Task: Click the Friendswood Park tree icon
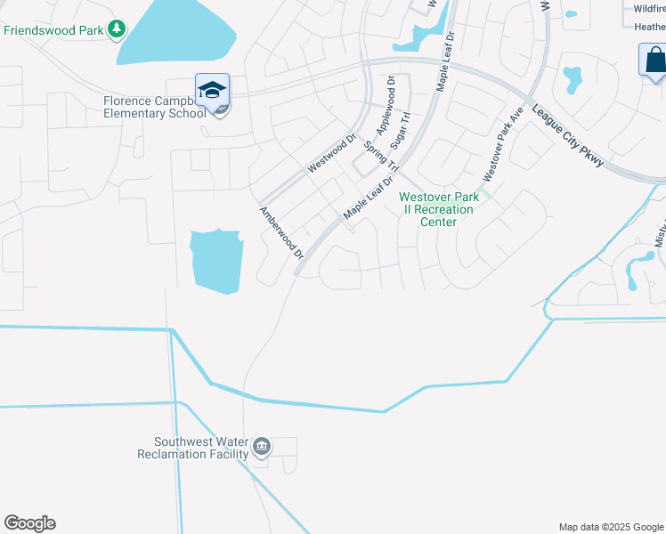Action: [117, 29]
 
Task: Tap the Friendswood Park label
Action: [54, 30]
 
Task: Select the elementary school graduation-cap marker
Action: [212, 91]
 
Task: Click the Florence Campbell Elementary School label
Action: [152, 107]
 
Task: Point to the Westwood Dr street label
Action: [331, 153]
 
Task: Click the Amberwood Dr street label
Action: [281, 233]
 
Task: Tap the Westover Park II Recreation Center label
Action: [439, 209]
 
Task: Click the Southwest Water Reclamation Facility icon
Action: [261, 447]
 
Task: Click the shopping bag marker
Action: [654, 61]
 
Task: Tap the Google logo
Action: [29, 523]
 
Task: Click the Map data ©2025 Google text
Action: [610, 527]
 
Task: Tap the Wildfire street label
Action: [649, 8]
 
